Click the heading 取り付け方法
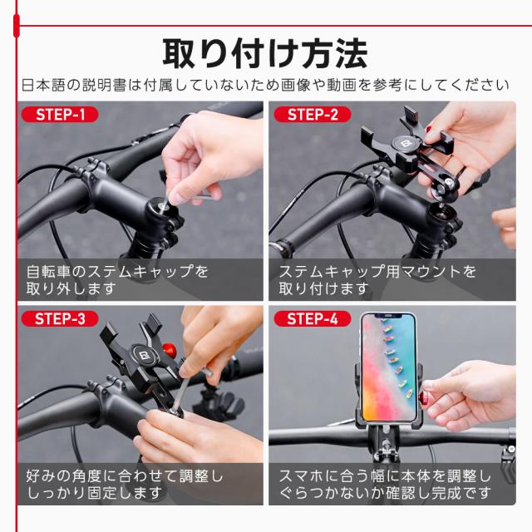point(264,53)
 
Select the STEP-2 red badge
point(312,115)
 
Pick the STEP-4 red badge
point(312,318)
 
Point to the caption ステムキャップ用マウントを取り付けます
point(378,280)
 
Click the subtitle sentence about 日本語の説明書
point(264,85)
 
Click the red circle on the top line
point(17,26)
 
